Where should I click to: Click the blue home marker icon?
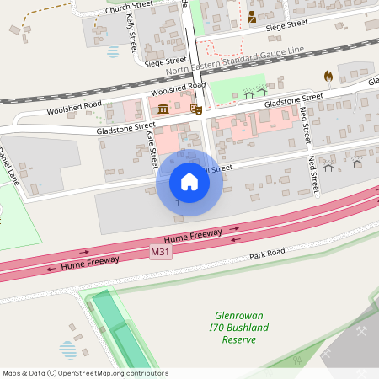(189, 182)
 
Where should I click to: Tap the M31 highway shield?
(161, 252)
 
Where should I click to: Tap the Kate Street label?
(152, 147)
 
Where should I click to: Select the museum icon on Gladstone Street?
(162, 109)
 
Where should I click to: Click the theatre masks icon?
(195, 109)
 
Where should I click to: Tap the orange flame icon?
(328, 77)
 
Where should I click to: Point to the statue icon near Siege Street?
(252, 18)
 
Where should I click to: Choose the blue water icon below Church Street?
(113, 51)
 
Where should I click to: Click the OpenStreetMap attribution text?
(85, 373)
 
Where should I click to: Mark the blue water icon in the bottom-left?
(67, 348)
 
